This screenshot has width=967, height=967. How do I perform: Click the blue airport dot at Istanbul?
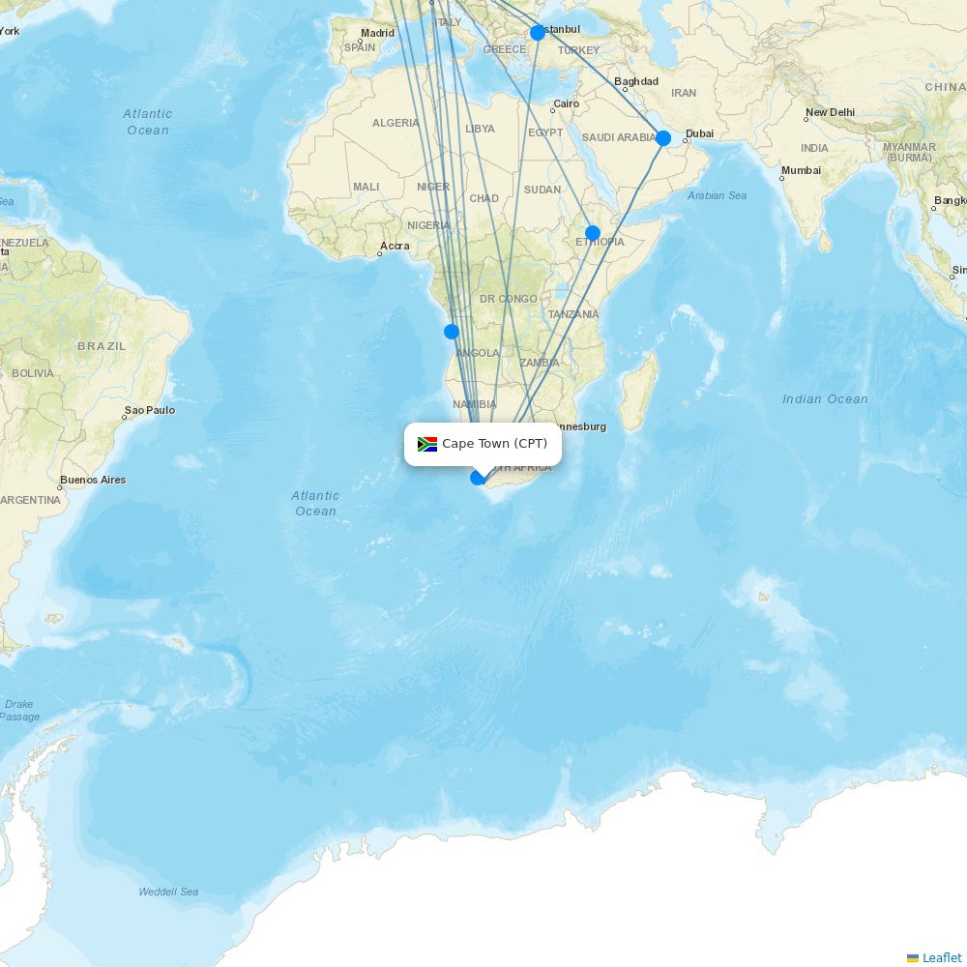[538, 33]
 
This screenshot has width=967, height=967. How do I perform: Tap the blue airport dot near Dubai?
[662, 138]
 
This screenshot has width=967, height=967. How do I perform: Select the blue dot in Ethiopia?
[593, 233]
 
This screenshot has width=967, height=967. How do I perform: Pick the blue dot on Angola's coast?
[452, 332]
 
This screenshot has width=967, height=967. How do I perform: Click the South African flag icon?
[427, 444]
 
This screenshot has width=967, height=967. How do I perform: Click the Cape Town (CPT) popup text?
[494, 444]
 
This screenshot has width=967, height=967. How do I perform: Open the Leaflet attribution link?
[941, 957]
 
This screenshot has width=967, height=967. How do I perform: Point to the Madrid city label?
[377, 33]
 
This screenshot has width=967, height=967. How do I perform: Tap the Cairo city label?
[566, 103]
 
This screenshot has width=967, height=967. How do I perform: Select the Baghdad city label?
[636, 81]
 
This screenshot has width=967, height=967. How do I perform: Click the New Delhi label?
[830, 112]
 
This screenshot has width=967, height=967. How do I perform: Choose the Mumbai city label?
[801, 170]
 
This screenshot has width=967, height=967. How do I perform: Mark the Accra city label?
[395, 246]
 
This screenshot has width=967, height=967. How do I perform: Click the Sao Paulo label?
[150, 410]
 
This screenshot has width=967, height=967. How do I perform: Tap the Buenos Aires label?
[93, 480]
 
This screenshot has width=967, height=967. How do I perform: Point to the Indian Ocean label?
[825, 399]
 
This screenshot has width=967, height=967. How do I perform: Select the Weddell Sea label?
[168, 892]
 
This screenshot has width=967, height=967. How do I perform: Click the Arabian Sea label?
[717, 195]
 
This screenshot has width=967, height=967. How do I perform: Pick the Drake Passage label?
[19, 710]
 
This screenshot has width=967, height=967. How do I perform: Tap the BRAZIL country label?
[102, 346]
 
